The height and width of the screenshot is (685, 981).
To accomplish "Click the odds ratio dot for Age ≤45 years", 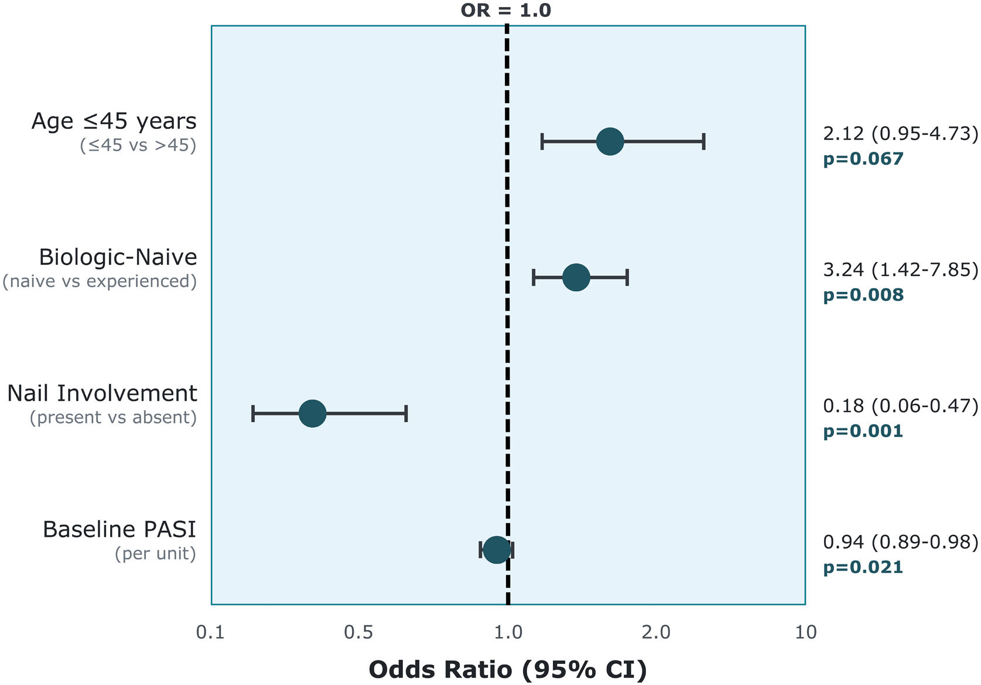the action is click(x=610, y=142).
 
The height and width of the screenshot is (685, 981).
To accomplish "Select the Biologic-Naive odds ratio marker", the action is click(x=576, y=277).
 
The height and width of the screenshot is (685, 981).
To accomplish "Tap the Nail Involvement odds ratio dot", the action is click(x=312, y=413).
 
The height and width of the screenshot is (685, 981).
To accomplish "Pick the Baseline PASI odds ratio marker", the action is click(x=497, y=550).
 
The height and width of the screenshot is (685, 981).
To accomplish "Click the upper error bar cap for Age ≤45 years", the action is click(x=704, y=142).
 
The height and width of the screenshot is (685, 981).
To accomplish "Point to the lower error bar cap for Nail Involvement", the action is click(x=253, y=413).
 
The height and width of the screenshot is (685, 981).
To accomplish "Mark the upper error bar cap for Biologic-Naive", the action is click(x=627, y=277).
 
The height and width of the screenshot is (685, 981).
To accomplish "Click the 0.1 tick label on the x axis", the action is click(x=210, y=632).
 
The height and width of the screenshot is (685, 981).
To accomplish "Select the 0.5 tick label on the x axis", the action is click(x=358, y=632).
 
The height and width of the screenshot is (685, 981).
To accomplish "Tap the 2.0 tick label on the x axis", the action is click(x=656, y=632).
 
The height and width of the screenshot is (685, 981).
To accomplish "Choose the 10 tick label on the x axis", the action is click(x=806, y=632).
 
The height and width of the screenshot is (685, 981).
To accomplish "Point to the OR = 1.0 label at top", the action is click(x=506, y=10).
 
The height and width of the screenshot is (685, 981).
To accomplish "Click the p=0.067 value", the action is click(x=863, y=159).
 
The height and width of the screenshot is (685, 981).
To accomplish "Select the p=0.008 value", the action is click(x=863, y=295).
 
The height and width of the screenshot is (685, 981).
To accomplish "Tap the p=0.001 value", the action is click(x=863, y=431).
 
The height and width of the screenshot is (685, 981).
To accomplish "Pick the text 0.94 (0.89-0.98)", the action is click(x=900, y=542).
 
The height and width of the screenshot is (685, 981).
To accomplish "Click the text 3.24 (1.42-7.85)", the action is click(x=900, y=270).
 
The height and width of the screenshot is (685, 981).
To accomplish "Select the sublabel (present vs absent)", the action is click(x=113, y=417).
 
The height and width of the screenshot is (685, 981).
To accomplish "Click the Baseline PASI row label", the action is click(x=119, y=529).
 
